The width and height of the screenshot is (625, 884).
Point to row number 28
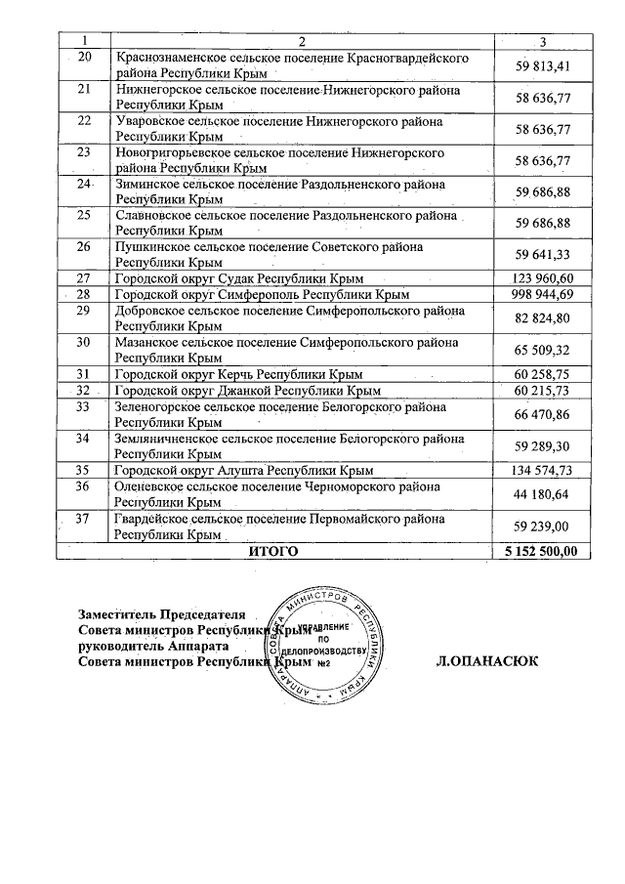pos(83,294)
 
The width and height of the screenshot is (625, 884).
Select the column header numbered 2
pos(302,40)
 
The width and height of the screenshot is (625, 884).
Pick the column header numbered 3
pos(542,40)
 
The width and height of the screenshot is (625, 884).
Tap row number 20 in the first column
pos(83,58)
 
